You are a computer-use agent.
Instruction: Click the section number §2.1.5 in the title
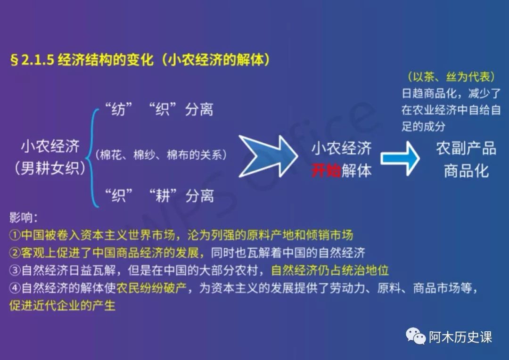(x=32, y=60)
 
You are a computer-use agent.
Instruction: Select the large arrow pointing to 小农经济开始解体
(x=268, y=156)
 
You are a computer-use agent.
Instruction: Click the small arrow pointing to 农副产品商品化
(x=400, y=158)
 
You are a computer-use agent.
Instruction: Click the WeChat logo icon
(x=416, y=335)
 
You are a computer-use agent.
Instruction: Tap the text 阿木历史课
(x=460, y=337)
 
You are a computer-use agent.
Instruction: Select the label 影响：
(x=24, y=217)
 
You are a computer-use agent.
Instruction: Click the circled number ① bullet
(x=15, y=235)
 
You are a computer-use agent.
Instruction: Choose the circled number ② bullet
(x=15, y=253)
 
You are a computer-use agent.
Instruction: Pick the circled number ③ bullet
(x=15, y=270)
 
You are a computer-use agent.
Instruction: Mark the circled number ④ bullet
(x=15, y=288)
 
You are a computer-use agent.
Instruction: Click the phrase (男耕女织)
(x=50, y=168)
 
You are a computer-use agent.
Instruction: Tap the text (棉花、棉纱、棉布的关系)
(x=161, y=155)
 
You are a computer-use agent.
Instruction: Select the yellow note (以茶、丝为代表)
(x=452, y=77)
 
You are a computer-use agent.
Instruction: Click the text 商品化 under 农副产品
(x=466, y=171)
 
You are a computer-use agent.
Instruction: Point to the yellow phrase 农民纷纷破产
(x=152, y=288)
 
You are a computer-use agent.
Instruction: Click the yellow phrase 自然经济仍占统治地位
(x=330, y=270)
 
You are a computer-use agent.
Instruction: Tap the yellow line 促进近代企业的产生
(x=62, y=305)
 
